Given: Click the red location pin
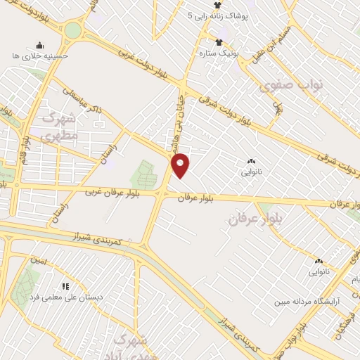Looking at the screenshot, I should tap(181, 165).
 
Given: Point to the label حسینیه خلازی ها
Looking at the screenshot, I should tap(41, 55).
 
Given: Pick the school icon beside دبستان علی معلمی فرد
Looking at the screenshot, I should tap(65, 286).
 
